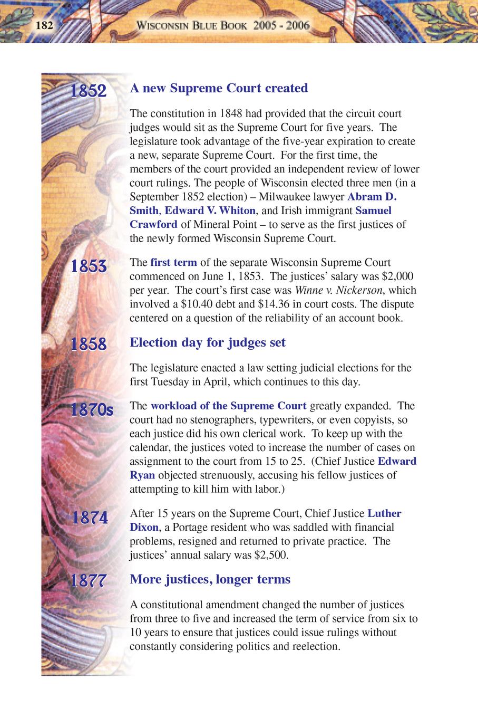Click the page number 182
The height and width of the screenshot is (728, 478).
tap(44, 25)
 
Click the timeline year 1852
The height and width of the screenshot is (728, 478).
tap(89, 91)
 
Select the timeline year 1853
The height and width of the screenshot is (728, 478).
tap(89, 266)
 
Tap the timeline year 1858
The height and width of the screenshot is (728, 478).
tap(89, 344)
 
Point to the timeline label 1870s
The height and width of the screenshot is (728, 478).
tap(92, 410)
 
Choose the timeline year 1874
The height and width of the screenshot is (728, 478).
tap(90, 518)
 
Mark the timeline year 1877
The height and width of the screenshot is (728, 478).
tap(89, 581)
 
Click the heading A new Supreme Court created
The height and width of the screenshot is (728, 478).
tap(219, 88)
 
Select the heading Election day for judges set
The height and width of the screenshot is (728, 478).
tap(208, 342)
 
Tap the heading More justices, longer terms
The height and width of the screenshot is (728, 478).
tap(210, 579)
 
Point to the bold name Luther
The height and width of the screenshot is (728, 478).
tap(384, 513)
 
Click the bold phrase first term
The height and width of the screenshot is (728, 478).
tap(173, 263)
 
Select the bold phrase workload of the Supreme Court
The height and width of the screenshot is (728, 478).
tap(228, 406)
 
